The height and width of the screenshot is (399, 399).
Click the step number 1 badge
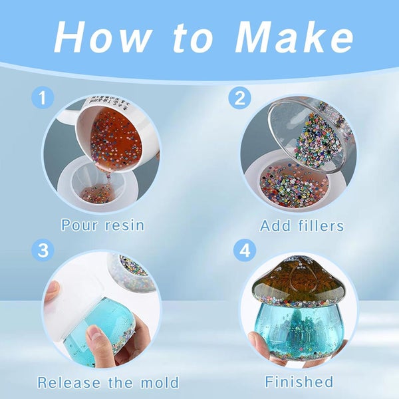click(x=43, y=99)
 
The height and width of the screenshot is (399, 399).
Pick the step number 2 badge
click(x=239, y=99)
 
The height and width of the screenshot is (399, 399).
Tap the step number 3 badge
click(x=43, y=251)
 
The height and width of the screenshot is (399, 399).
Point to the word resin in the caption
click(x=123, y=225)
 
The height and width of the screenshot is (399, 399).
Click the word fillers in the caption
click(x=321, y=226)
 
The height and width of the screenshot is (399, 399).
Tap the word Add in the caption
click(x=275, y=226)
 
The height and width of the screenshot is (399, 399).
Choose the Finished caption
click(x=299, y=382)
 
